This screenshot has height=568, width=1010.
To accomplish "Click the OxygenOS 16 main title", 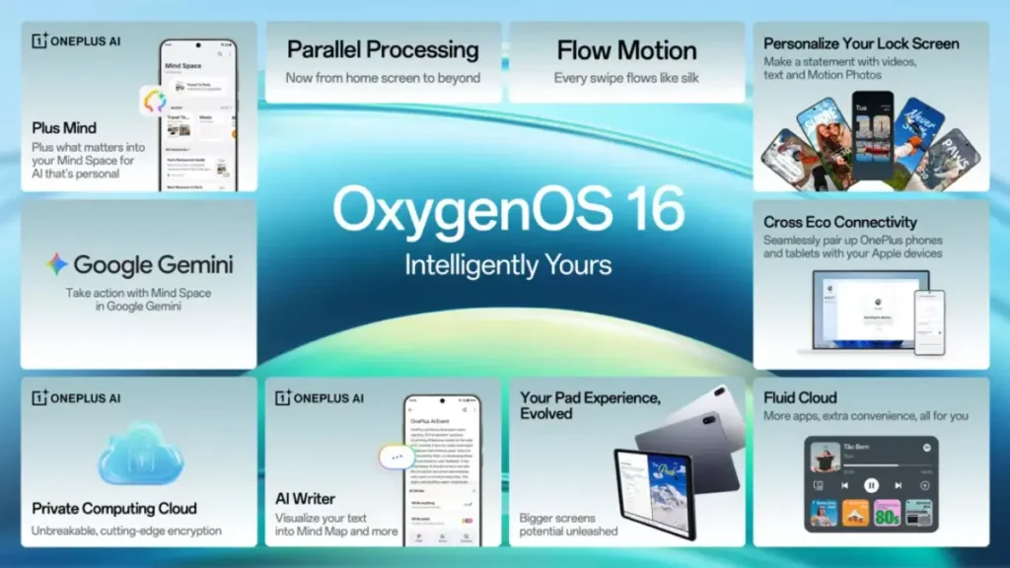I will point(507,210).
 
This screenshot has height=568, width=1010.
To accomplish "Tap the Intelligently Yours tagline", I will point(507,264).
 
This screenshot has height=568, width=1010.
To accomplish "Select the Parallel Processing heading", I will point(383,50).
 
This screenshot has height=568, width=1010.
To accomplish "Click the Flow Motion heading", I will point(626,50).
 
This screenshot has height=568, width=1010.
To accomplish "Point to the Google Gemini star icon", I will point(56,264).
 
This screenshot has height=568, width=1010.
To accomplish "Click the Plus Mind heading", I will point(64,127).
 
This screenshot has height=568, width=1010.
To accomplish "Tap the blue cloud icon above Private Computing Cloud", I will point(139,454).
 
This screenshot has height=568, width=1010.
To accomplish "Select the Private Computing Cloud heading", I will point(114,509).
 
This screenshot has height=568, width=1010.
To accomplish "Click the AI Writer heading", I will point(305,499).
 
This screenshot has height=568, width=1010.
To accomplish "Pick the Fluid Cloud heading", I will point(800,397).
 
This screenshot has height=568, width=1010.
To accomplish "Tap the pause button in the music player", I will point(871,485).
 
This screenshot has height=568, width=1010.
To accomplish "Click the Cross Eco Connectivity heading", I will point(839,223).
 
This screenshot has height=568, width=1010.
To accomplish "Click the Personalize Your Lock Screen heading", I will point(862,44).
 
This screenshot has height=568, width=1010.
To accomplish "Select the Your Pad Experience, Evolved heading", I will point(589,405).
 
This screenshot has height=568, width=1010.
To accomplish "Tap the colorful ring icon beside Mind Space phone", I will point(155,101).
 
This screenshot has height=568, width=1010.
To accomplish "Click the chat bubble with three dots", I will point(397,457).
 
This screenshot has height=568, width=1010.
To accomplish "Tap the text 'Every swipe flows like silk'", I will point(626,78).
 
